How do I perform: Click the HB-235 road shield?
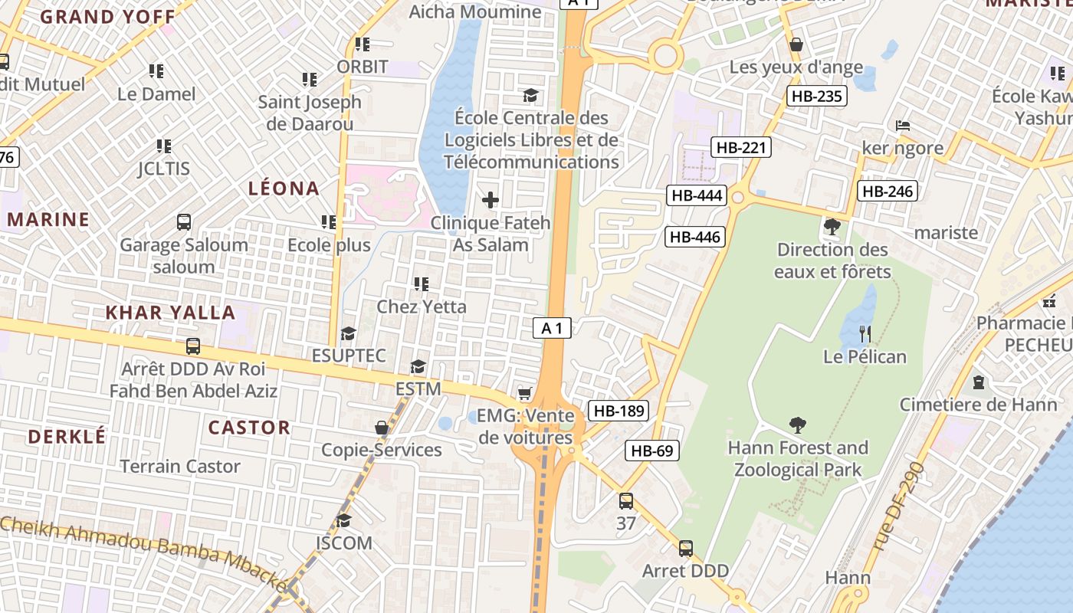click(x=817, y=96)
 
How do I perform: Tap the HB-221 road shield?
click(x=740, y=147)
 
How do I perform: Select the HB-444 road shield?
click(x=696, y=195)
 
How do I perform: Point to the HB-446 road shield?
click(x=695, y=237)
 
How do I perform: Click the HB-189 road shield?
click(x=619, y=411)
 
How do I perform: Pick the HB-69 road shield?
click(x=652, y=451)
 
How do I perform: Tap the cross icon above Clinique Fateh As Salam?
click(x=491, y=201)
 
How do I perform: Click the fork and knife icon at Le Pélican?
click(x=865, y=333)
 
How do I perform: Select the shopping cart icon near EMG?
click(x=524, y=394)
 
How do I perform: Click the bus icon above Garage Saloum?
click(x=184, y=222)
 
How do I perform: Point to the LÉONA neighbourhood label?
click(x=284, y=188)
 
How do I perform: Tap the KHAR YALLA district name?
click(x=170, y=313)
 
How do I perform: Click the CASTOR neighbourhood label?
click(x=250, y=428)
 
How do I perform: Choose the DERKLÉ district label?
click(x=67, y=437)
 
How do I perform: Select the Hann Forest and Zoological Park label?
click(x=798, y=458)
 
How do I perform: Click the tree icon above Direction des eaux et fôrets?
click(x=832, y=227)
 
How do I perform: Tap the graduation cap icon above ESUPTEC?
click(x=349, y=333)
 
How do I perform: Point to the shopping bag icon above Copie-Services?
click(x=382, y=428)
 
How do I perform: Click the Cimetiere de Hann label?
click(x=978, y=404)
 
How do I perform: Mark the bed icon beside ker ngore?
click(x=903, y=125)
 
